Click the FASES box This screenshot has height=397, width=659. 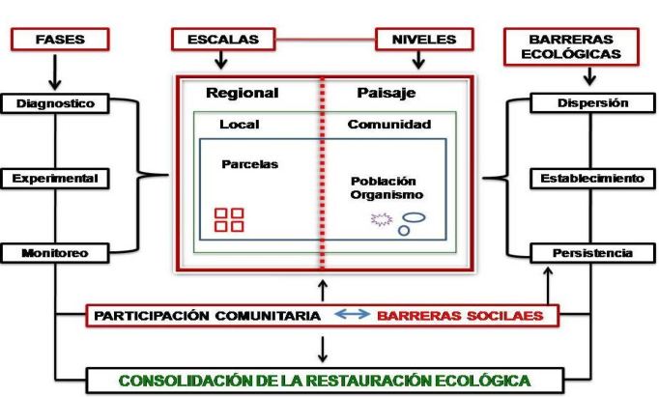point(61,40)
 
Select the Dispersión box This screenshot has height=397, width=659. point(592,103)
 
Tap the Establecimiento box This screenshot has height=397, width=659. point(592,179)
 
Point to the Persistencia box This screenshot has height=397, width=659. point(592,253)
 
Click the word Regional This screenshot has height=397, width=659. point(242,94)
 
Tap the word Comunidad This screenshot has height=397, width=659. point(389,125)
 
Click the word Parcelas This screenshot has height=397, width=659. point(249,164)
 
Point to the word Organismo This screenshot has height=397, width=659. point(387,194)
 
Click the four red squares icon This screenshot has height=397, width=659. point(229,219)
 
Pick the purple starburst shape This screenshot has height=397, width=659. point(380,219)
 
